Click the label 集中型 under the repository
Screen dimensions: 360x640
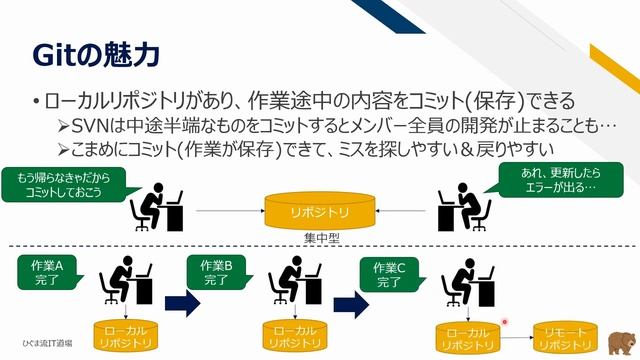[x=320, y=238]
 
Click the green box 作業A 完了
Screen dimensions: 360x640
[x=47, y=272]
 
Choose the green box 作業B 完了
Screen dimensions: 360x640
[x=216, y=272]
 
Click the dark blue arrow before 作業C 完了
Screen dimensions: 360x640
[x=347, y=304]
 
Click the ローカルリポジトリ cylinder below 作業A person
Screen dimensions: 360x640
[x=124, y=336]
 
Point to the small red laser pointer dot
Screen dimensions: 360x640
[x=504, y=322]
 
